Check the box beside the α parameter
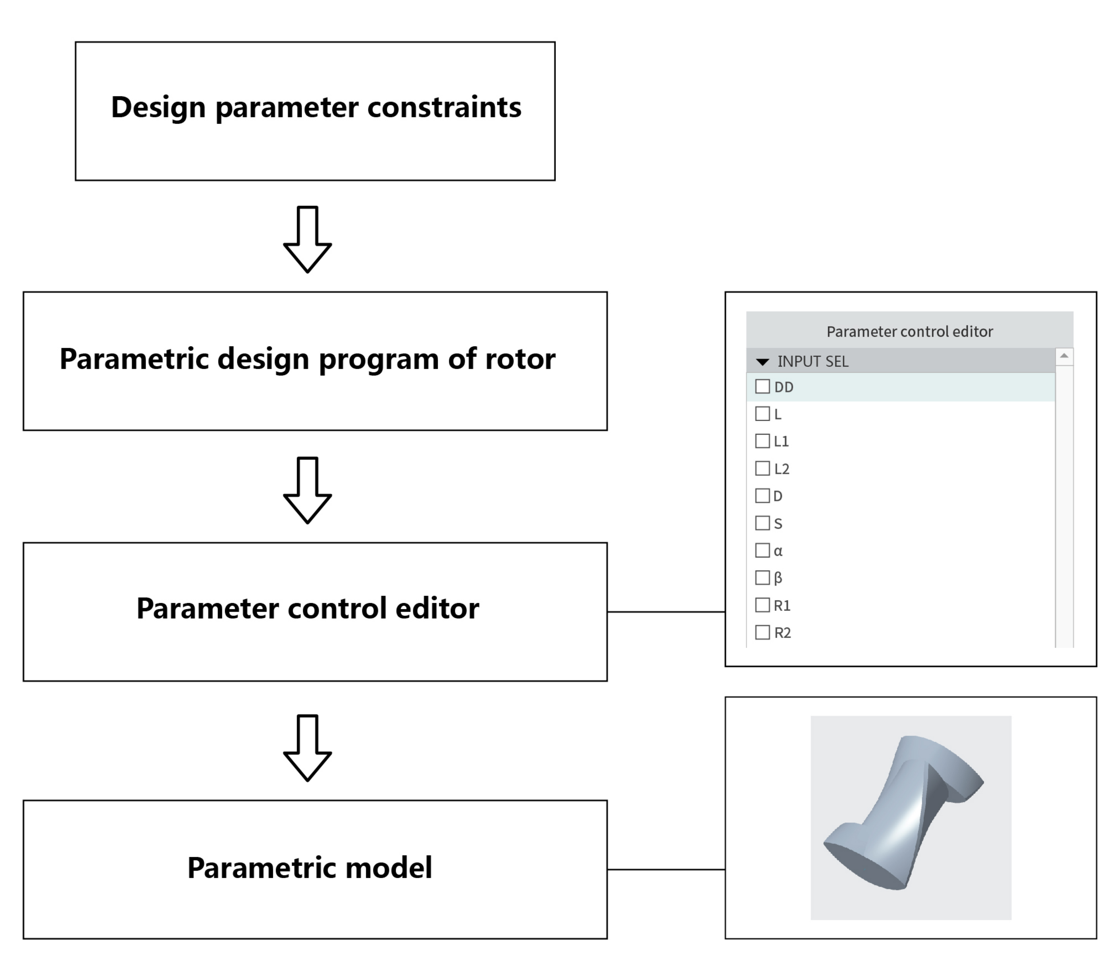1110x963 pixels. (762, 550)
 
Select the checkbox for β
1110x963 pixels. (762, 578)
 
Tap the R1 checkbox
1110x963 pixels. (762, 605)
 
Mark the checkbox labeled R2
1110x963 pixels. (762, 633)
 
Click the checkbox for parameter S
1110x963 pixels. (762, 523)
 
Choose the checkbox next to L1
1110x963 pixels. (762, 441)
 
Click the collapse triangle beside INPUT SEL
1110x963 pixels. (762, 362)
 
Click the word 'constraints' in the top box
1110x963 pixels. (444, 107)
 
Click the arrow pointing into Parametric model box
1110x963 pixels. (307, 748)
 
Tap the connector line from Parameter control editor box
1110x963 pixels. (666, 612)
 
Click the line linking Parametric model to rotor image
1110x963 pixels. (666, 869)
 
